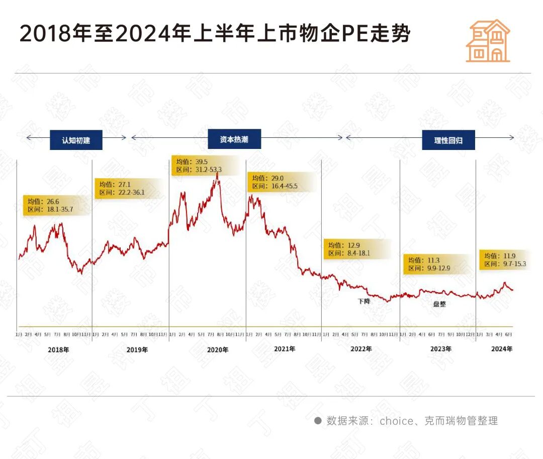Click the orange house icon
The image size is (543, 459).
488,41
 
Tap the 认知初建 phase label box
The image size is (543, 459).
76,140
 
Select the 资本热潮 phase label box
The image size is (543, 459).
234,139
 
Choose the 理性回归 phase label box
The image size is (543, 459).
448,140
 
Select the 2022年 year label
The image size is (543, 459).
361,349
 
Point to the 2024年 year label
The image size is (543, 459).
502,349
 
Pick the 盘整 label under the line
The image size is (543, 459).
439,303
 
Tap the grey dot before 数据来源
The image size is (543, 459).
318,420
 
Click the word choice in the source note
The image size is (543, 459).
396,421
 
